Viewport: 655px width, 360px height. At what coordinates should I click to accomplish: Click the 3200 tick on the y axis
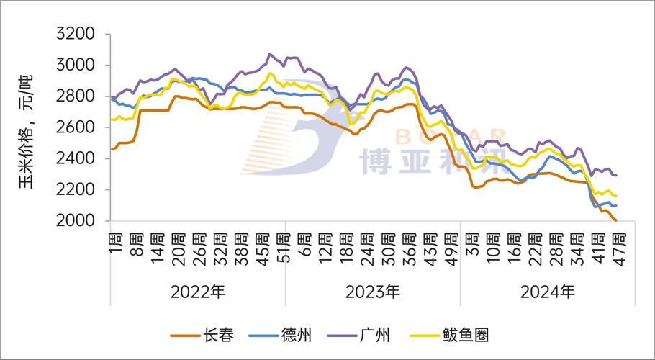(76, 34)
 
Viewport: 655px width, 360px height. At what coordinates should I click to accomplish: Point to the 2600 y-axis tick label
(76, 127)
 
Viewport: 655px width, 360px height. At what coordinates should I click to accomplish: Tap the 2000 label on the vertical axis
(76, 220)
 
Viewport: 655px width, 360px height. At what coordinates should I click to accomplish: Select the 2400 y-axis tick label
(76, 158)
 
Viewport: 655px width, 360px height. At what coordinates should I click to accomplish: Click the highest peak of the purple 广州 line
(270, 53)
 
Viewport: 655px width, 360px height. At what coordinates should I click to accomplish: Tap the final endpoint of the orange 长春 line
(617, 220)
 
